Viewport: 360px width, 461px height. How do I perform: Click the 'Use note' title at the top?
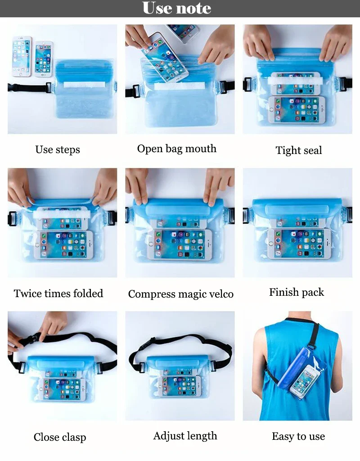176,8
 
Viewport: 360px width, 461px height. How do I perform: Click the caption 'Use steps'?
58,149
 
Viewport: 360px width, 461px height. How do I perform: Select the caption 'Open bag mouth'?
176,149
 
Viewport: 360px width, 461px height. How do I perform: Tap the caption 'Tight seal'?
298,150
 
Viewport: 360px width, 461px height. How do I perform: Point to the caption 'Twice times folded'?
58,294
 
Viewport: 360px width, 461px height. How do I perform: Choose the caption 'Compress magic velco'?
180,294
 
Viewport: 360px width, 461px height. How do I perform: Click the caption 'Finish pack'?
296,292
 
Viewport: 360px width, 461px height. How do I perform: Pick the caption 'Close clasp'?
60,437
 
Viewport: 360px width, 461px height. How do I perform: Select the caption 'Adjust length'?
185,436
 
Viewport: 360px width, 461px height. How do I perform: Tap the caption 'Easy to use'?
298,436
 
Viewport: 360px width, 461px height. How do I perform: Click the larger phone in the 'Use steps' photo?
22,56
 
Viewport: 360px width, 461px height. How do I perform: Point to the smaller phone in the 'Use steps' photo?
44,59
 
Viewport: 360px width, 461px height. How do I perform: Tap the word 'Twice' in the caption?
27,294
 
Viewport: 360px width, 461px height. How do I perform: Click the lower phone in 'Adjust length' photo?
179,386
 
